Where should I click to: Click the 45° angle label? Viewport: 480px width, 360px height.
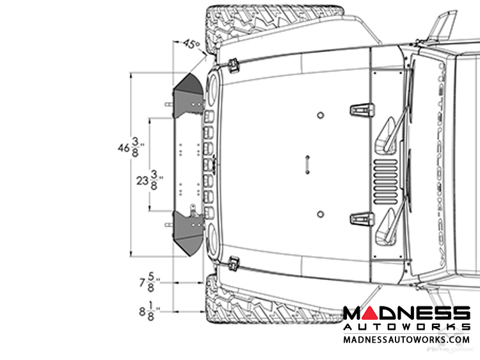191,44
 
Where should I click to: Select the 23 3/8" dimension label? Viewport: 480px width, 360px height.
149,180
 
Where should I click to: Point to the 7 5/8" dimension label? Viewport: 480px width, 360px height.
150,282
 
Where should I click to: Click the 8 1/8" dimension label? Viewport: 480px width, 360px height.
150,311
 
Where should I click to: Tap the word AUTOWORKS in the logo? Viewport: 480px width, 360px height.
406,327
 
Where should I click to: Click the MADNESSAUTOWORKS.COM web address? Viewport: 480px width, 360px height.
406,340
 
